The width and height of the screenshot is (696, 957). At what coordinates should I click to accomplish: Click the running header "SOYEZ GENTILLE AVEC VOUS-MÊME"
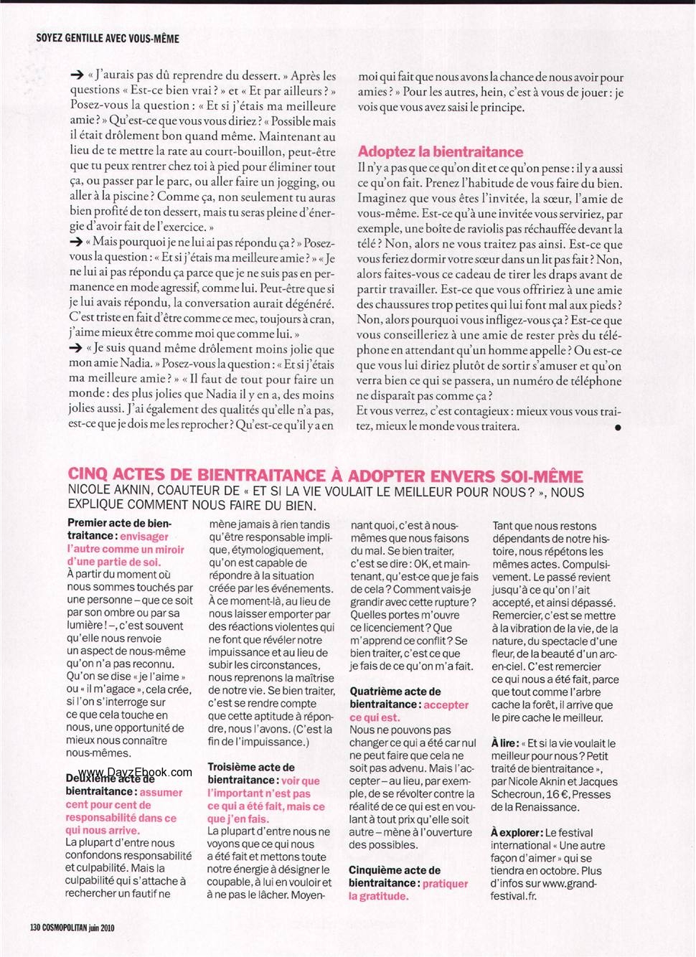[x=108, y=37]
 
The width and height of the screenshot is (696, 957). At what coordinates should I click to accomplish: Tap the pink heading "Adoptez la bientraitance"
[x=441, y=151]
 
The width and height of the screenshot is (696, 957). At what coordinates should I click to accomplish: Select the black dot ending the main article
[x=618, y=427]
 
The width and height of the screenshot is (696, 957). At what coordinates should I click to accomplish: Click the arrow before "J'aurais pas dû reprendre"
[x=77, y=75]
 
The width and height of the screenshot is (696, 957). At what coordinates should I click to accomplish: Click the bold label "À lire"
[x=504, y=743]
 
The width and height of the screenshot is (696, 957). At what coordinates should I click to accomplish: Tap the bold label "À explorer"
[x=516, y=833]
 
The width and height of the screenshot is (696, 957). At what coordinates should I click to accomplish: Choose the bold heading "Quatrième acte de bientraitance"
[x=395, y=698]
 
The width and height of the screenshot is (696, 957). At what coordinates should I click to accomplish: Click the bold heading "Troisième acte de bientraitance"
[x=250, y=773]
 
